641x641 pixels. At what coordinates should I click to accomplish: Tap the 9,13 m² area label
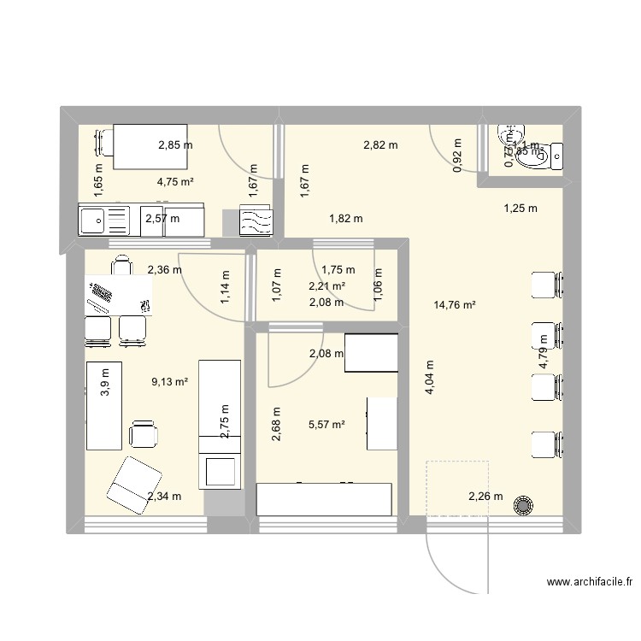[x=169, y=382]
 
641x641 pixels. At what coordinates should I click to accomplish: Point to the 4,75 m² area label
[x=175, y=181]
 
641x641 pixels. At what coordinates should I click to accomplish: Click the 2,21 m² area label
[x=327, y=287]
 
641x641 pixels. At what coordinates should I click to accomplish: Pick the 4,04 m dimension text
[x=429, y=376]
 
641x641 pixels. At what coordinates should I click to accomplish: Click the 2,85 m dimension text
[x=175, y=145]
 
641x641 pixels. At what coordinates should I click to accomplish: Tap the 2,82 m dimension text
[x=380, y=145]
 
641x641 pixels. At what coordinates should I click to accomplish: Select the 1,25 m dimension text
[x=520, y=208]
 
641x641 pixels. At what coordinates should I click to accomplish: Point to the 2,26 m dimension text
[x=485, y=497]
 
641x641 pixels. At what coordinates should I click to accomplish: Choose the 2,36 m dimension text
[x=164, y=270]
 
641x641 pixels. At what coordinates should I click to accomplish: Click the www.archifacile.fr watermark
[x=590, y=582]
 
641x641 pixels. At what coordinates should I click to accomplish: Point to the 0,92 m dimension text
[x=456, y=156]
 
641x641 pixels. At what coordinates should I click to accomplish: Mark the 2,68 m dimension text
[x=276, y=425]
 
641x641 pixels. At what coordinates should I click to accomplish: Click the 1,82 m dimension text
[x=345, y=219]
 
